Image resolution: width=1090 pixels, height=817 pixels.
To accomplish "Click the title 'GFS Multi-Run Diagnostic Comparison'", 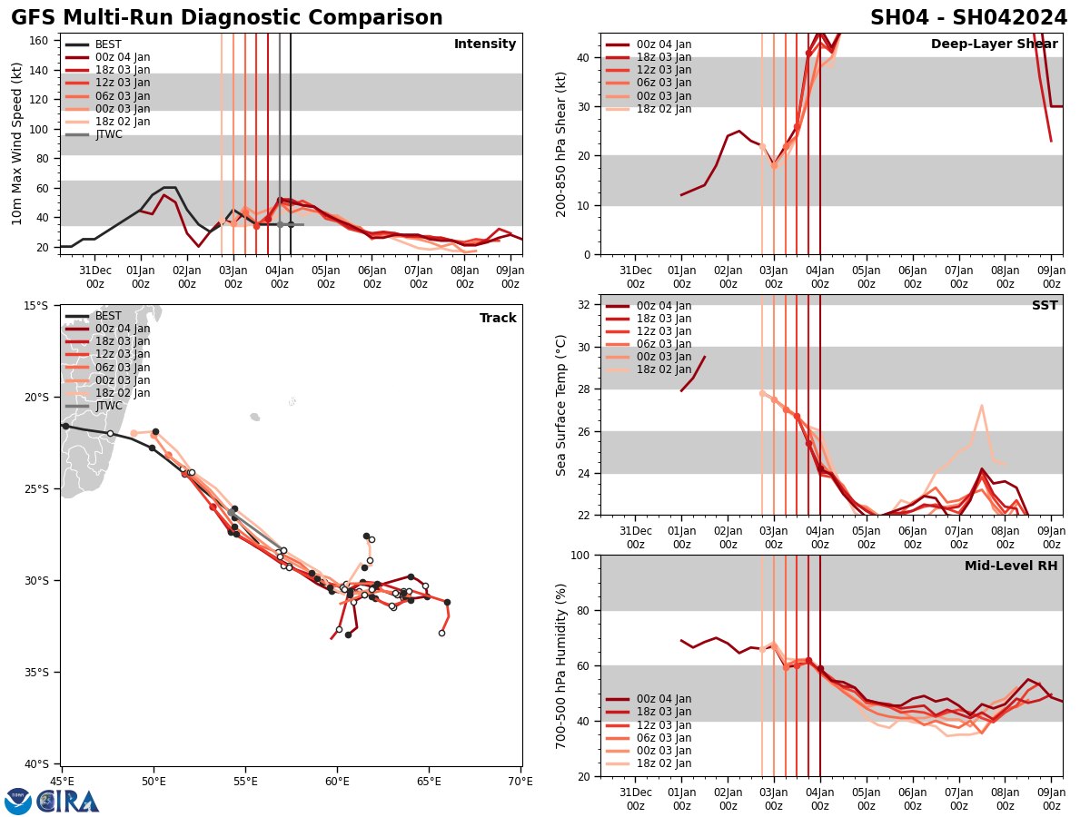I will click(226, 18).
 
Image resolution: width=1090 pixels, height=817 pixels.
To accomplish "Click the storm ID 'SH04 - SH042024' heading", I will click(968, 18).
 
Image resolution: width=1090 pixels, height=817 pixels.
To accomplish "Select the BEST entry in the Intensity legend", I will click(107, 44).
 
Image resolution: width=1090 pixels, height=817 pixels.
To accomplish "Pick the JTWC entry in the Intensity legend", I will click(108, 134).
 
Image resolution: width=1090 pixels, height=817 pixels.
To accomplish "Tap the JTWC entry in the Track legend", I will click(108, 406).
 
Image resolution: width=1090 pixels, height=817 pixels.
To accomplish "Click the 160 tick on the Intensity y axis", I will click(39, 40).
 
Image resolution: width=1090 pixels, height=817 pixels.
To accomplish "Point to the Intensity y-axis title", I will click(16, 143).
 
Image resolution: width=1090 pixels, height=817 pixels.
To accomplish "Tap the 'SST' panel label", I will click(1044, 306).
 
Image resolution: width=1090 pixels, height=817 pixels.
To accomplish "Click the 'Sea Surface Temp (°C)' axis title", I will click(561, 405).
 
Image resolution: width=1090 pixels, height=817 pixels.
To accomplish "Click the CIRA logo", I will click(68, 801).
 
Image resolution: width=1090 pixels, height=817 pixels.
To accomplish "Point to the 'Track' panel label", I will click(498, 318).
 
